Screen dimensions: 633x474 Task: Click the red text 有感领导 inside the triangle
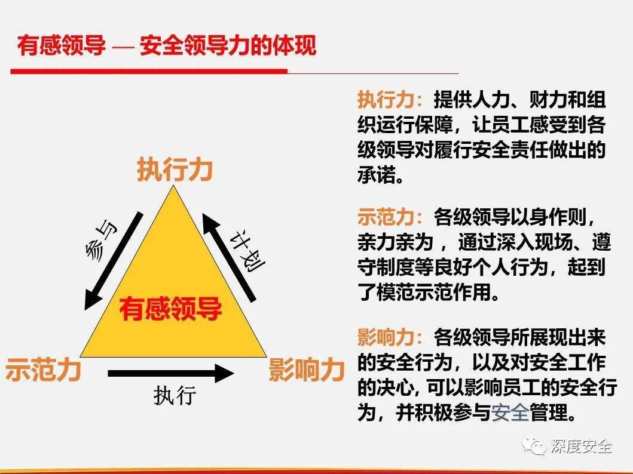pyautogui.click(x=170, y=309)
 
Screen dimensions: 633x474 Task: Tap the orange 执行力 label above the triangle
pyautogui.click(x=175, y=170)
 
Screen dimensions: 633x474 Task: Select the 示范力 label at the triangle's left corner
pyautogui.click(x=43, y=370)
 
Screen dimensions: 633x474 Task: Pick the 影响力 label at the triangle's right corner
pyautogui.click(x=307, y=370)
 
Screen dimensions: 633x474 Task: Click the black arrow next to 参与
pyautogui.click(x=113, y=261)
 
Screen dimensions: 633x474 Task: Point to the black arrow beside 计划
pyautogui.click(x=229, y=257)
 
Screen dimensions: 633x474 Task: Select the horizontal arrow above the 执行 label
pyautogui.click(x=171, y=373)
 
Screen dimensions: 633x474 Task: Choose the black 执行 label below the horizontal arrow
pyautogui.click(x=175, y=395)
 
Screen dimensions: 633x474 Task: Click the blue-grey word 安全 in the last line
pyautogui.click(x=510, y=413)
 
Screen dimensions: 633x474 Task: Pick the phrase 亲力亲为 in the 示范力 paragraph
pyautogui.click(x=395, y=242)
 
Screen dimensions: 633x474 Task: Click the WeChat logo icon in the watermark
pyautogui.click(x=534, y=445)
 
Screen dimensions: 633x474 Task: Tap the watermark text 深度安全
pyautogui.click(x=582, y=446)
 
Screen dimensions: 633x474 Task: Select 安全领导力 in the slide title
pyautogui.click(x=195, y=45)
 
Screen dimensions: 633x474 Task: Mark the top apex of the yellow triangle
pyautogui.click(x=173, y=185)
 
